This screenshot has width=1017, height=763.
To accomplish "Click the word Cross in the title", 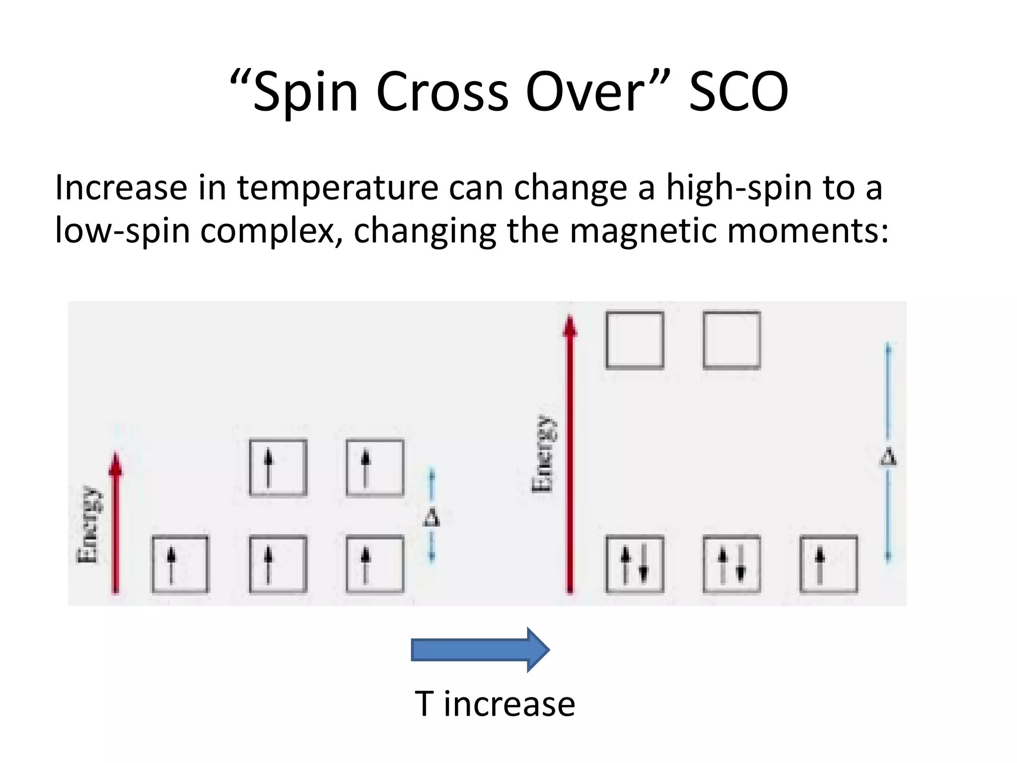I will [442, 92].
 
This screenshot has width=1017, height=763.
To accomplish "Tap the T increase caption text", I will [495, 704].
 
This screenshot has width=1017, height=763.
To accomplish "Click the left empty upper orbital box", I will [635, 340].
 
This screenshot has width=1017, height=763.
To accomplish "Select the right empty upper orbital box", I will [731, 340].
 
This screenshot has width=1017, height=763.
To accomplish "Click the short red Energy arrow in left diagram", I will [116, 522].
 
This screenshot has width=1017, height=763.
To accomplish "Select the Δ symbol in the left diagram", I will [431, 517].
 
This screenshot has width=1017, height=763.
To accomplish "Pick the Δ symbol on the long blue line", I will [888, 457].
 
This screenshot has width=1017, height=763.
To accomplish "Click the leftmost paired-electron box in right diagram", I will [635, 564].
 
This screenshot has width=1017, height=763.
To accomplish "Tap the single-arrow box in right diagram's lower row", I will [828, 564].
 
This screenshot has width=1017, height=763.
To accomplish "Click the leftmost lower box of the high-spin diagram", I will [180, 564].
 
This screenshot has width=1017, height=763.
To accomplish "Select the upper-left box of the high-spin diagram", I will [278, 467].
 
